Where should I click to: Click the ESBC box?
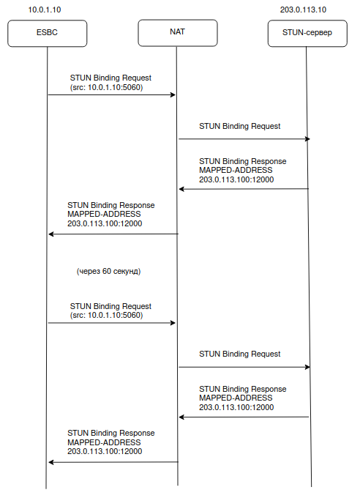pyautogui.click(x=48, y=34)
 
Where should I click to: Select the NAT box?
pyautogui.click(x=178, y=33)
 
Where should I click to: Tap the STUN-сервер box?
pyautogui.click(x=307, y=34)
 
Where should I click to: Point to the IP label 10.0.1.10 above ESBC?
pyautogui.click(x=45, y=10)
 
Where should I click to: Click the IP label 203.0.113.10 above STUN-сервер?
pyautogui.click(x=303, y=10)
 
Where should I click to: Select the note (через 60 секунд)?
pyautogui.click(x=108, y=271)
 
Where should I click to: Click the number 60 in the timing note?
pyautogui.click(x=107, y=271)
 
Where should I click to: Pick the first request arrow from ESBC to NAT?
pyautogui.click(x=112, y=94)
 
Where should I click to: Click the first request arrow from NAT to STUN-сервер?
pyautogui.click(x=244, y=139)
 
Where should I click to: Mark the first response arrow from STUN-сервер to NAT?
pyautogui.click(x=244, y=189)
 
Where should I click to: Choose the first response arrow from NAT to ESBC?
pyautogui.click(x=113, y=234)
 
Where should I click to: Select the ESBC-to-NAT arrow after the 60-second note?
pyautogui.click(x=112, y=323)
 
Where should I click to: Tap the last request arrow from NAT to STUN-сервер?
pyautogui.click(x=244, y=367)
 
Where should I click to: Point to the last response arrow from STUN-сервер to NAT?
pyautogui.click(x=244, y=417)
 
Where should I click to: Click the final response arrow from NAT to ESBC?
pyautogui.click(x=113, y=462)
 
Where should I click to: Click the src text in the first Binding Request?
pyautogui.click(x=106, y=87)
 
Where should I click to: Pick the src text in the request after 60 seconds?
pyautogui.click(x=106, y=315)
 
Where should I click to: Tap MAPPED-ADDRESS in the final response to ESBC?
pyautogui.click(x=104, y=442)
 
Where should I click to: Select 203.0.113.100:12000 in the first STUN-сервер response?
pyautogui.click(x=236, y=179)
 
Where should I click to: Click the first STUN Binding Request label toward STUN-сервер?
pyautogui.click(x=240, y=127)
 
